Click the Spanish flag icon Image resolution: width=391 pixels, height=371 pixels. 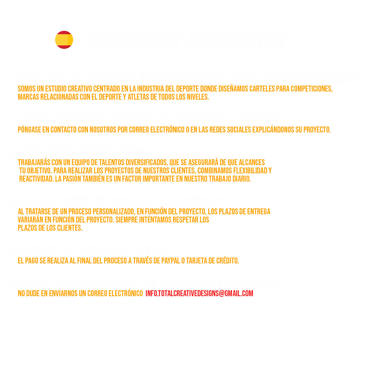tap(64, 40)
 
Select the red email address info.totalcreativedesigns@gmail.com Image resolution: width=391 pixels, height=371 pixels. tap(199, 293)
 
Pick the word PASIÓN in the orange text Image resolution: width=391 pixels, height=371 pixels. tap(72, 179)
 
